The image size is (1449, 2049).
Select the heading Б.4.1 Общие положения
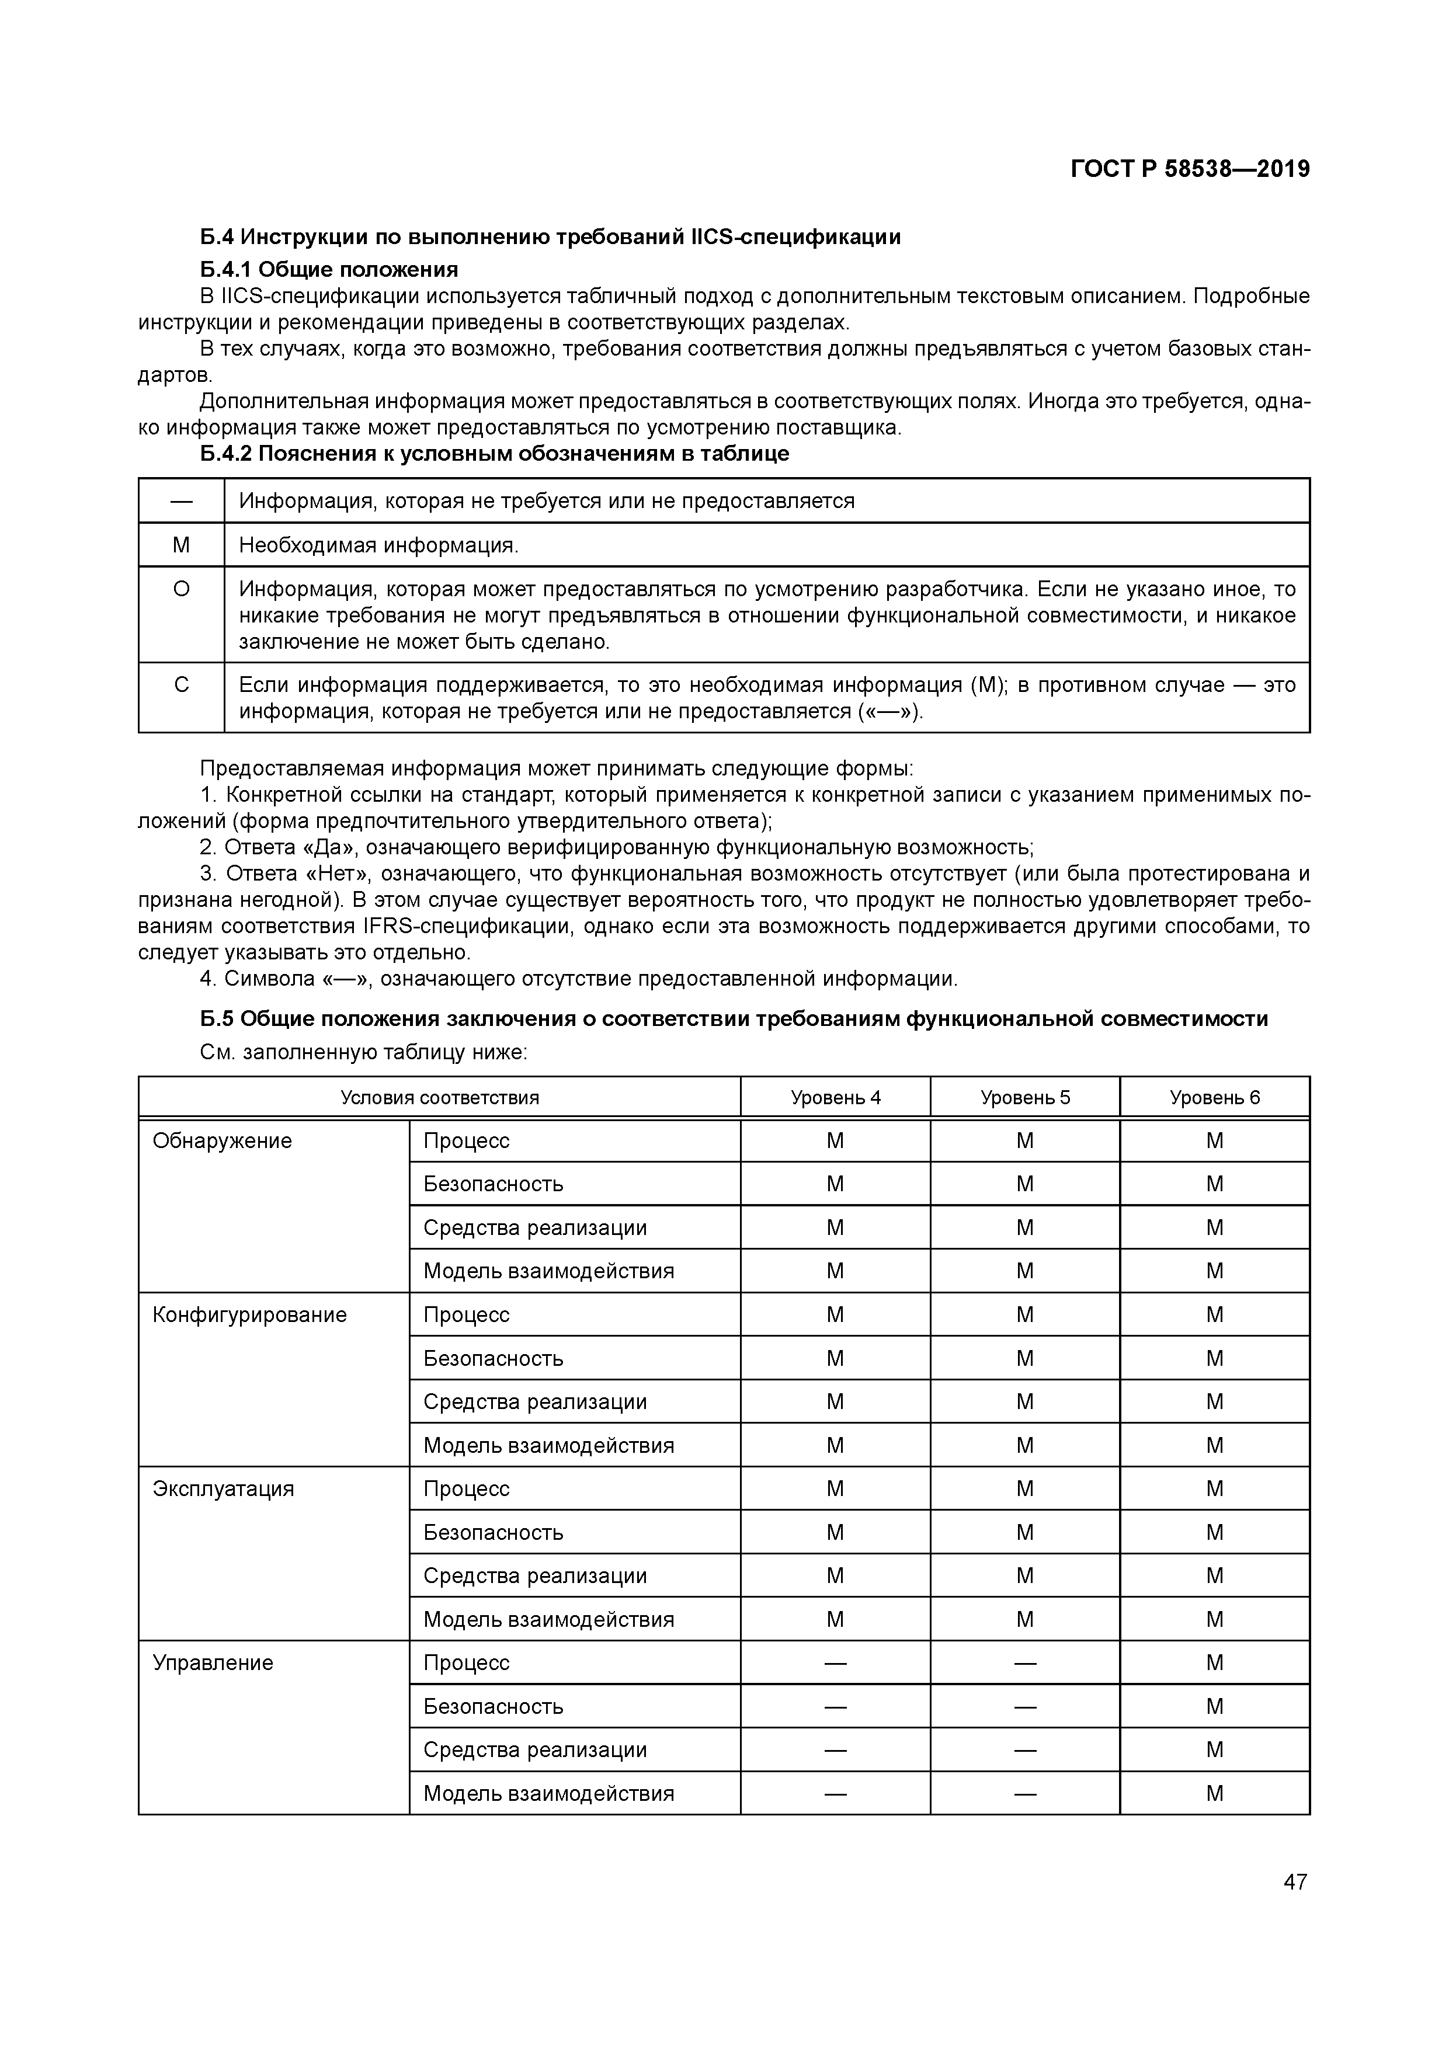(x=329, y=270)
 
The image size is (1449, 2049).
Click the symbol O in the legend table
(x=181, y=589)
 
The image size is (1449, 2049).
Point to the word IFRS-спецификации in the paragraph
(x=466, y=926)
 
